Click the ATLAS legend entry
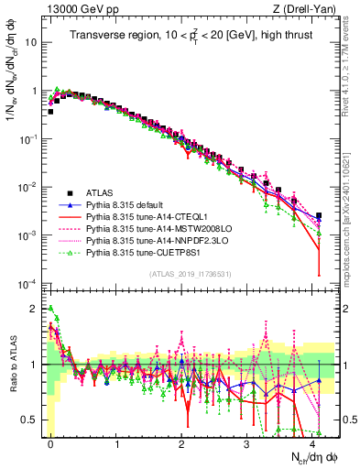tap(101, 193)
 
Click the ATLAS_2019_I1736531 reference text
tap(191, 274)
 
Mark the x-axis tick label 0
tap(51, 442)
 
